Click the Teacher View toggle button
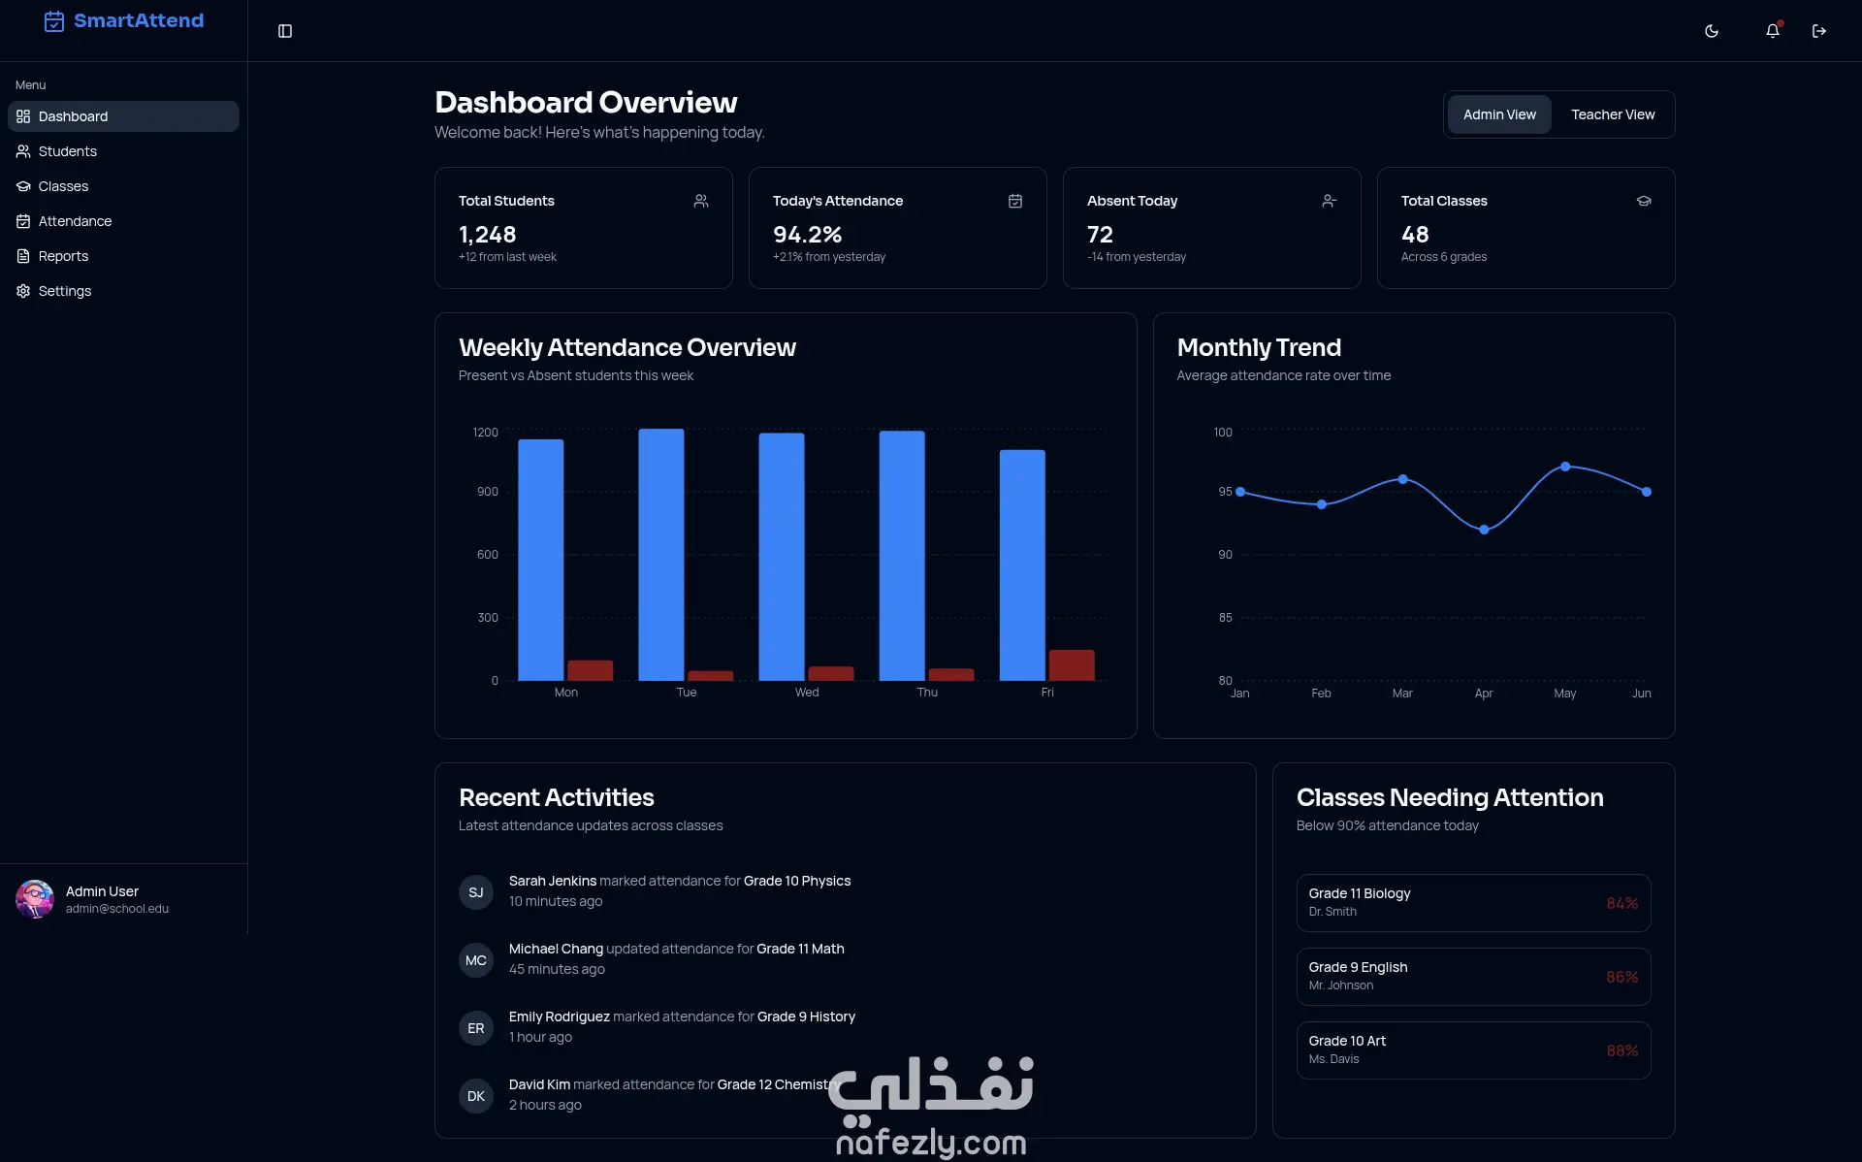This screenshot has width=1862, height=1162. tap(1613, 114)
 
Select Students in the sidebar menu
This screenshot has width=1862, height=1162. tap(67, 151)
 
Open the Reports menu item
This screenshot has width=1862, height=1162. tap(63, 256)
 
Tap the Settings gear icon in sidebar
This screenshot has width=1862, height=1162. tap(23, 291)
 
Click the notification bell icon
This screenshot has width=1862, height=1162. tap(1773, 31)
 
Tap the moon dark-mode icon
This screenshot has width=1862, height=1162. tap(1712, 31)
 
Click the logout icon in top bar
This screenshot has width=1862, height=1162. tap(1819, 31)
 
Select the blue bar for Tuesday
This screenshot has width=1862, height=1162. tap(661, 555)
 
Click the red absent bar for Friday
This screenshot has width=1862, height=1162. tap(1072, 665)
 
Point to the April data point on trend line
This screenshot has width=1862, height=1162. tap(1484, 530)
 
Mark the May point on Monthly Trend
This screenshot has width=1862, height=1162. tap(1565, 467)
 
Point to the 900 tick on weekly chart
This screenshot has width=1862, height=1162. tap(488, 492)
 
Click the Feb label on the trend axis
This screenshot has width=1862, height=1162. tap(1321, 694)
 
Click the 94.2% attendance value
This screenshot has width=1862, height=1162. tap(807, 235)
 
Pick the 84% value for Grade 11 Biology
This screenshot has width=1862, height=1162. tap(1621, 903)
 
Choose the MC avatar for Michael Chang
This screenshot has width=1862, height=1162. tap(476, 960)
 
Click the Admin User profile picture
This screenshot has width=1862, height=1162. tap(35, 899)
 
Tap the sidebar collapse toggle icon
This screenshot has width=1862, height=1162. tap(285, 31)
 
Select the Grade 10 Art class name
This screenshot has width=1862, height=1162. tap(1347, 1041)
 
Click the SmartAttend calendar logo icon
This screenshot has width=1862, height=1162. tap(54, 21)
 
